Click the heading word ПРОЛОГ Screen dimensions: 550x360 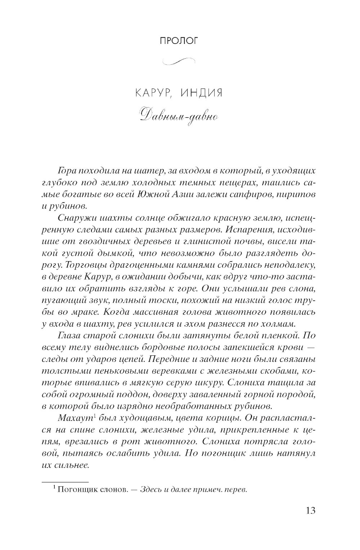click(179, 41)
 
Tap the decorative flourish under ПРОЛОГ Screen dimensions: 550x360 click(179, 62)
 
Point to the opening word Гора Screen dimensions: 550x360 click(65, 171)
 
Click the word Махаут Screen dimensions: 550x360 click(70, 419)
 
